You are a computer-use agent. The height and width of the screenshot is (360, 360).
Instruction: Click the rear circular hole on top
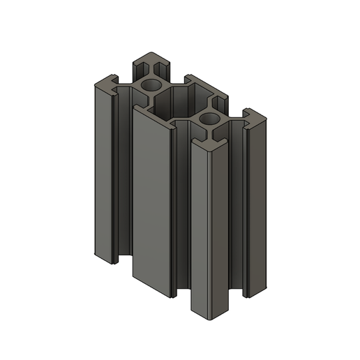point(149,85)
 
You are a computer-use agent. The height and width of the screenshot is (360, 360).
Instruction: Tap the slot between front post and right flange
point(237,209)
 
